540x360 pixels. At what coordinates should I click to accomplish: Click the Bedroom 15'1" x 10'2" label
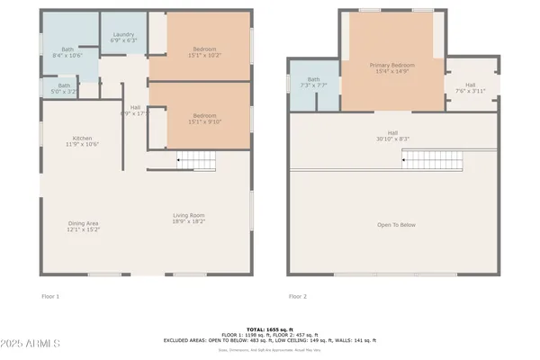(204, 51)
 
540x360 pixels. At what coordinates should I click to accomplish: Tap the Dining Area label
(84, 226)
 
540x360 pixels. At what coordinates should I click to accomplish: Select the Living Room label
(189, 217)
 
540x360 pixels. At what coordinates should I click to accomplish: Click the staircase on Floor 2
(431, 160)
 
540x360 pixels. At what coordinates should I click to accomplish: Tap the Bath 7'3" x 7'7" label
(313, 82)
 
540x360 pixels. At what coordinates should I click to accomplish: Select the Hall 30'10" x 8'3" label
(391, 136)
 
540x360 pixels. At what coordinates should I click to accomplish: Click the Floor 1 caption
(50, 295)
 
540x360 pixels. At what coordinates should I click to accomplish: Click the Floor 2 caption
(298, 295)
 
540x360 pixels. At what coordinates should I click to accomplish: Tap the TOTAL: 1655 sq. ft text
(270, 329)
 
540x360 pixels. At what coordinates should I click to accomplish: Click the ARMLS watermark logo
(31, 345)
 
